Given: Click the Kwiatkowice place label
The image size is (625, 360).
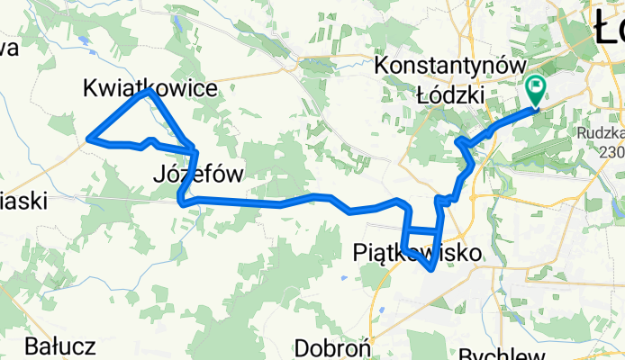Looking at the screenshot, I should (x=149, y=87).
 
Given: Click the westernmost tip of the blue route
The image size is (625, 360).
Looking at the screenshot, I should (x=88, y=139).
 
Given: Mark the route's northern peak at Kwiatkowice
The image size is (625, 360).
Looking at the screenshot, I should (x=146, y=92).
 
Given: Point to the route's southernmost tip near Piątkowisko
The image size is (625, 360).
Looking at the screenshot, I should (x=434, y=267).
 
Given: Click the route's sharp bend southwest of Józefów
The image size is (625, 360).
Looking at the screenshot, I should (x=182, y=201).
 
